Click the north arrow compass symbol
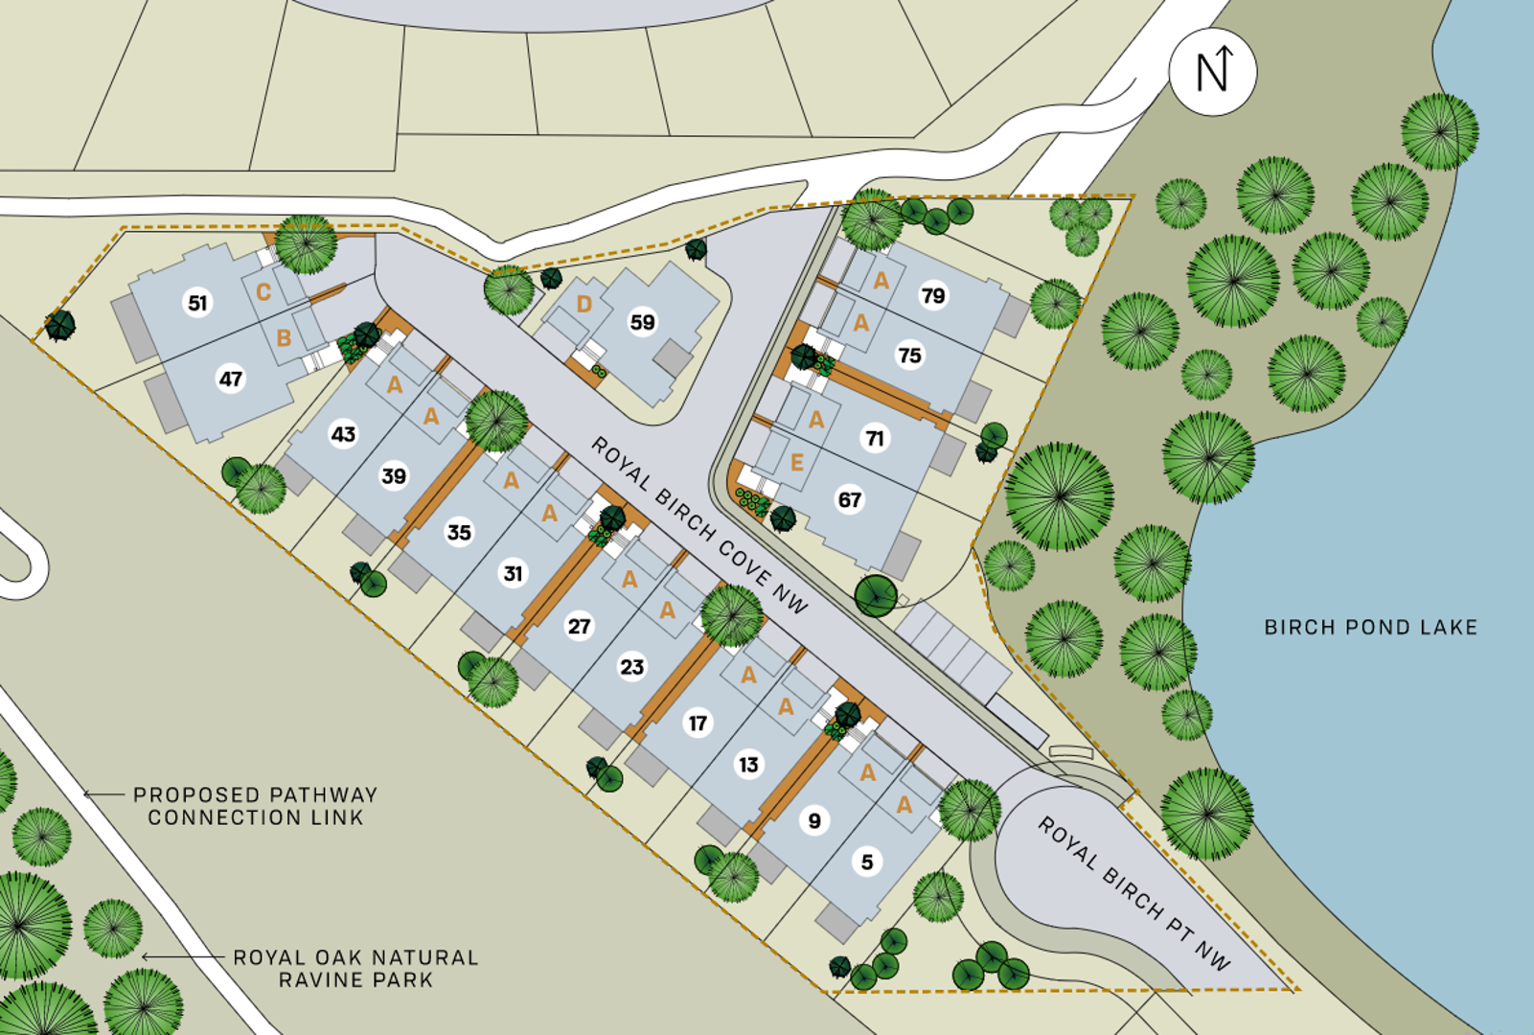(1213, 72)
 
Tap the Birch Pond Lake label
(1370, 628)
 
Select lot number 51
(197, 303)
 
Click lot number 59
(642, 322)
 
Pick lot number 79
(933, 295)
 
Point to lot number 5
(867, 862)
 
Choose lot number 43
(343, 434)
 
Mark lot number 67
(850, 499)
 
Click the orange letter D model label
(584, 305)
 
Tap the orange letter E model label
(797, 463)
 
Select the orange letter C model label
(263, 292)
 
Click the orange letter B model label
(284, 338)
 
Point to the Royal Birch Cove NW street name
(699, 524)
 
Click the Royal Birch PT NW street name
(1134, 893)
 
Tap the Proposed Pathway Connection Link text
(255, 806)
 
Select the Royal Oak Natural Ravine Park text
(355, 968)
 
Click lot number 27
(579, 626)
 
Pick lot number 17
(698, 723)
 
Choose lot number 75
(909, 356)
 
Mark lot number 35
(459, 532)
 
